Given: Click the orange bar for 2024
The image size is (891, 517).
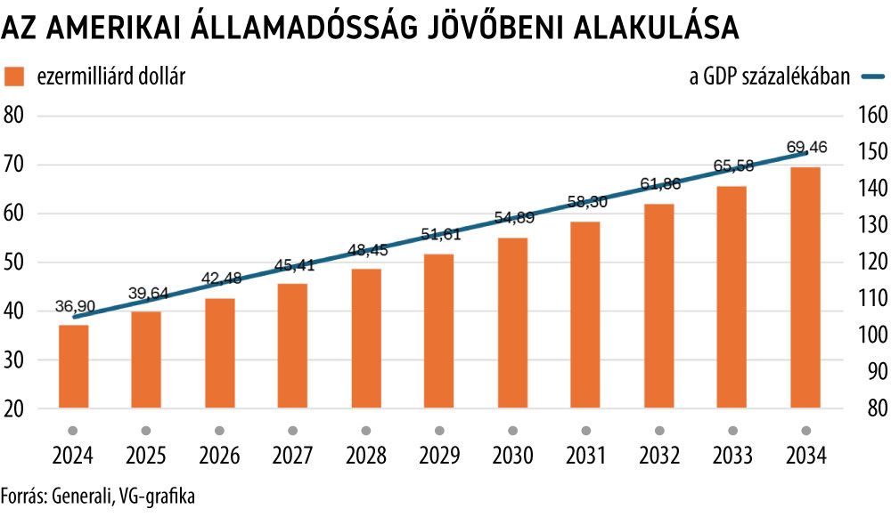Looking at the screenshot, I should pyautogui.click(x=74, y=367).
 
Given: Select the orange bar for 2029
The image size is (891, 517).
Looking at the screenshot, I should pyautogui.click(x=439, y=331).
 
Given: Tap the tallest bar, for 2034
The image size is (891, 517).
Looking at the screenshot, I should pyautogui.click(x=805, y=287).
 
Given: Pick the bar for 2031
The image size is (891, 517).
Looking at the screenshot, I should pyautogui.click(x=585, y=314).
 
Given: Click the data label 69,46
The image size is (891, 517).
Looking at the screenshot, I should pyautogui.click(x=807, y=146).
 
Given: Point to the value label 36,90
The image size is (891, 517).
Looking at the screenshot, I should pyautogui.click(x=75, y=305).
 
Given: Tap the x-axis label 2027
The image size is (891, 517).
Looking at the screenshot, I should pyautogui.click(x=293, y=456).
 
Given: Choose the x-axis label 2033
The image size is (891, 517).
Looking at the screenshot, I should pyautogui.click(x=732, y=456).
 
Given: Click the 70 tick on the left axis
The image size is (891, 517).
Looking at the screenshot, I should pyautogui.click(x=15, y=165).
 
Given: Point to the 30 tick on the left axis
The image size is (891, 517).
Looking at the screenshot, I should pyautogui.click(x=15, y=360).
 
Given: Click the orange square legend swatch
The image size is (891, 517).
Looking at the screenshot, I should pyautogui.click(x=15, y=77).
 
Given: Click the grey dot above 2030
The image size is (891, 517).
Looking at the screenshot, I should pyautogui.click(x=513, y=430).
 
